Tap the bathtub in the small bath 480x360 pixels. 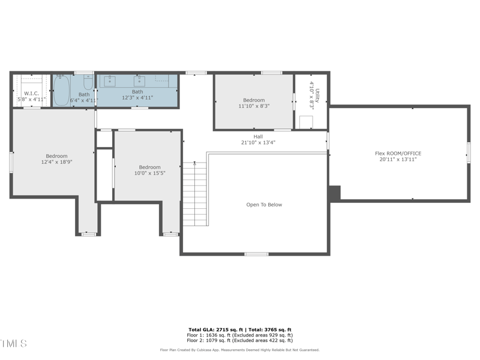click(x=62, y=91)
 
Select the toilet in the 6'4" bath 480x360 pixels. click(x=88, y=82)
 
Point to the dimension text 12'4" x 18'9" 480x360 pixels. click(x=57, y=162)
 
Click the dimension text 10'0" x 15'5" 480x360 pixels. click(x=149, y=173)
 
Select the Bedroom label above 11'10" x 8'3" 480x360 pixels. click(x=253, y=100)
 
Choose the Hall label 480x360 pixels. click(x=258, y=136)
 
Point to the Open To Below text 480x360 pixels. click(x=264, y=205)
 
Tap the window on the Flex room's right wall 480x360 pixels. click(x=469, y=152)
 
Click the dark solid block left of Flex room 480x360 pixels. click(x=334, y=193)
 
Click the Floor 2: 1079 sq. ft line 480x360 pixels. click(x=240, y=341)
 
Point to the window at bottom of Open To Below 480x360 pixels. click(x=256, y=254)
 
